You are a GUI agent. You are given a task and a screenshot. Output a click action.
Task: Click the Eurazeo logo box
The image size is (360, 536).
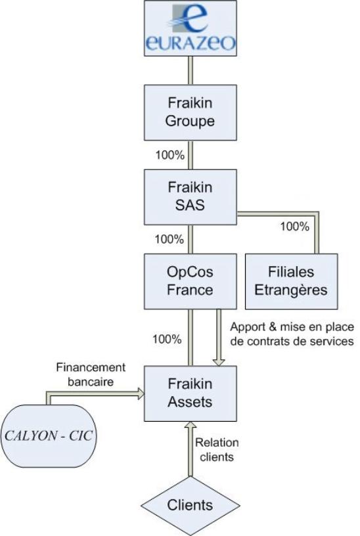[190, 28]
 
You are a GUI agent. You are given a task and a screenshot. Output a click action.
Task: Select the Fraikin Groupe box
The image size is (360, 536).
[190, 112]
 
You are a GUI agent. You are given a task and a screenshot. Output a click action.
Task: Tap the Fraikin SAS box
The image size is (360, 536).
[190, 197]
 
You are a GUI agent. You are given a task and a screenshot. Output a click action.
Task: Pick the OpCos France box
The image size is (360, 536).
[190, 281]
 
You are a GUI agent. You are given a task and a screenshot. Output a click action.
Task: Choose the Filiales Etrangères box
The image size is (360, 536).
[291, 281]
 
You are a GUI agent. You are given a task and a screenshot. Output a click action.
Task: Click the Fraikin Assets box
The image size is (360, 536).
[190, 393]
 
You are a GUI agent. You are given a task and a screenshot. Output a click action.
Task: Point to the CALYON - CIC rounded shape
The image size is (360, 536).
[49, 436]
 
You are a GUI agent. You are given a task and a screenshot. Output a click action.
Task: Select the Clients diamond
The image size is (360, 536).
[190, 506]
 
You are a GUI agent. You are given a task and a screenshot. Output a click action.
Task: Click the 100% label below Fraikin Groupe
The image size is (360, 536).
[170, 155]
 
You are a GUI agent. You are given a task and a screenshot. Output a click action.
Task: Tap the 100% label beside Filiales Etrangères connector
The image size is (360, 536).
[295, 227]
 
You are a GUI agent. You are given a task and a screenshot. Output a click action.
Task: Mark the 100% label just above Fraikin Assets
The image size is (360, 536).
[167, 340]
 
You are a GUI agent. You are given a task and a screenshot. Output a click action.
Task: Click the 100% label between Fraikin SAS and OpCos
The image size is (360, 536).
[169, 239]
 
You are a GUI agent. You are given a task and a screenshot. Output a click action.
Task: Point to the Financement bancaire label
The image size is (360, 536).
[91, 374]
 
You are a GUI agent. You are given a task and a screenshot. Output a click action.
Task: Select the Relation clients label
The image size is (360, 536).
[217, 450]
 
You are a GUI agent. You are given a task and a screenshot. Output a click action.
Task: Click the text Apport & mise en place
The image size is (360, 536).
[292, 327]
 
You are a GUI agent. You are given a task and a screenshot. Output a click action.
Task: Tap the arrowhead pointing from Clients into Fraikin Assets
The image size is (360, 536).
[191, 425]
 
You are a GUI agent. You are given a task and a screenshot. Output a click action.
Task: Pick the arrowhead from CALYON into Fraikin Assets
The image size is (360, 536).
[141, 393]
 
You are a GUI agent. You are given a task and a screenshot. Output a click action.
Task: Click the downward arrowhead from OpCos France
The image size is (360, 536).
[219, 362]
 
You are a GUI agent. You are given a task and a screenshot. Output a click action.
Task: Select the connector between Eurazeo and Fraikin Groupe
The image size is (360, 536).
[191, 70]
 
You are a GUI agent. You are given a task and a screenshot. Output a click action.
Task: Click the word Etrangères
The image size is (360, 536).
[291, 291]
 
